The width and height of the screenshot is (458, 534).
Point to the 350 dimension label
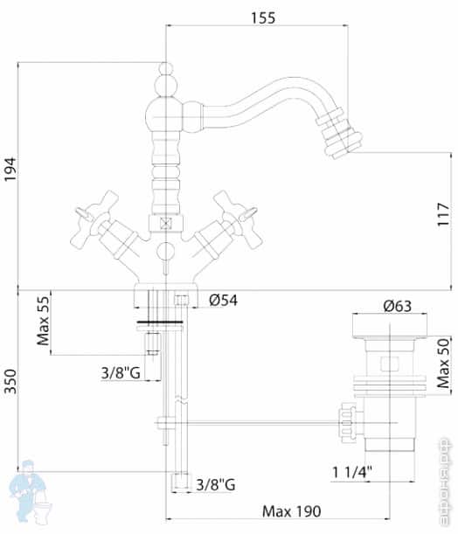[x=10, y=380]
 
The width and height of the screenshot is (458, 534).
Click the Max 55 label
[x=42, y=322]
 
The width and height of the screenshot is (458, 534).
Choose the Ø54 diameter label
[x=225, y=302]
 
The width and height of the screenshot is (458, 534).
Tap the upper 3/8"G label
[x=121, y=372]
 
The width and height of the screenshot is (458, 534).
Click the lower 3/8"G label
[x=216, y=484]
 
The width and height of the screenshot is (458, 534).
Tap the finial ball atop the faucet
[x=165, y=69]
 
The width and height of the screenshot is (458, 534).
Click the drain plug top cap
[x=388, y=326]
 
